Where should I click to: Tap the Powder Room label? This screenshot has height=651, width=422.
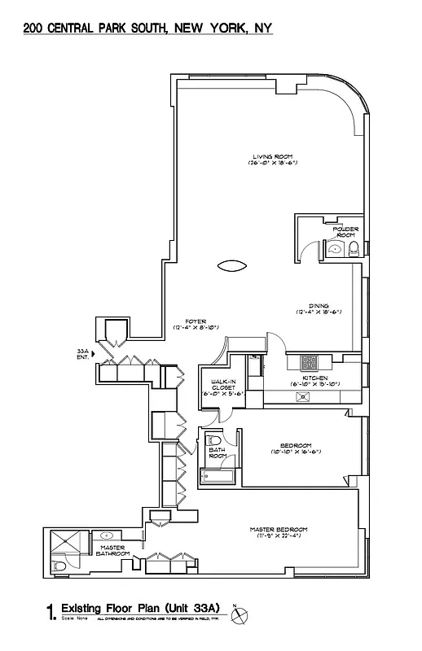[345, 232]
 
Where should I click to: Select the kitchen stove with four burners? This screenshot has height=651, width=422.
[310, 363]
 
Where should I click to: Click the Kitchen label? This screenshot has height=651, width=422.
[314, 379]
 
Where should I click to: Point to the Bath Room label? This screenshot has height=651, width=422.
[218, 452]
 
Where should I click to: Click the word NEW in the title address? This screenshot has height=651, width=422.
[182, 28]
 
